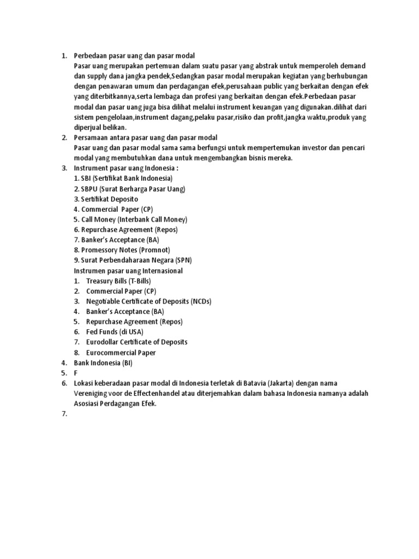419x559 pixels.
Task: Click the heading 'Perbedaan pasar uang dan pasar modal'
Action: click(x=134, y=56)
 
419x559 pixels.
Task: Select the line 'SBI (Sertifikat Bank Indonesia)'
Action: click(x=123, y=179)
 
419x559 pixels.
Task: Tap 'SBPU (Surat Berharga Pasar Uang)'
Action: click(x=130, y=189)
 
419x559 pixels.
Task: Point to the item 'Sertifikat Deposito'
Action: click(x=106, y=199)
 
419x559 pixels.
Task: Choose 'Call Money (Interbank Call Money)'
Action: click(x=130, y=219)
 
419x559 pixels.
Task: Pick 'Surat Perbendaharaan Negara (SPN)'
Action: click(x=133, y=260)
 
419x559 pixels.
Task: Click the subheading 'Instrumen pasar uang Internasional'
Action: click(x=128, y=271)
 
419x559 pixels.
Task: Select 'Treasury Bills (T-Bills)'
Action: click(x=118, y=281)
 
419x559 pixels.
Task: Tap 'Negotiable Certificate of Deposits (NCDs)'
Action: click(x=148, y=301)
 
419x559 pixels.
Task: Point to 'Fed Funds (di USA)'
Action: click(x=115, y=332)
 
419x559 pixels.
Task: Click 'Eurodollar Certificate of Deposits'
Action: click(x=136, y=342)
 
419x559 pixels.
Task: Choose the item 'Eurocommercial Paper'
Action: click(x=121, y=353)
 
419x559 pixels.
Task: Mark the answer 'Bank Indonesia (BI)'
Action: click(x=103, y=362)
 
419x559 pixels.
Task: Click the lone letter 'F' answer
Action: click(x=76, y=373)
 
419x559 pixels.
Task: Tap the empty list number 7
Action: click(x=64, y=414)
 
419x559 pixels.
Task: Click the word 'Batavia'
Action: click(x=249, y=383)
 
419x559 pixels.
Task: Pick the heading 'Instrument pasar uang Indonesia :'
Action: click(x=126, y=168)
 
